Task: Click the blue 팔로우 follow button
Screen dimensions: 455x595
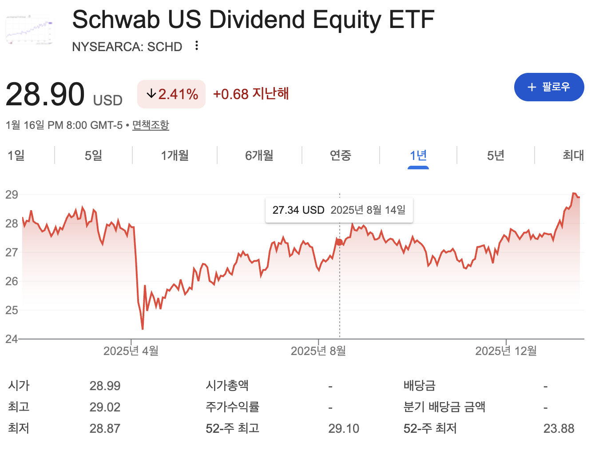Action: (549, 87)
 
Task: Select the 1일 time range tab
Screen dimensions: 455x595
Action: (16, 156)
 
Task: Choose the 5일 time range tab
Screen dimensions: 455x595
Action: (93, 156)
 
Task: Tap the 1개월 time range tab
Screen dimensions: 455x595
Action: (175, 156)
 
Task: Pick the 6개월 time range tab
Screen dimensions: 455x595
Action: (259, 156)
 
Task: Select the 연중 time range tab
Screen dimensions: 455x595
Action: (341, 156)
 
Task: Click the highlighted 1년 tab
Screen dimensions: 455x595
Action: (418, 156)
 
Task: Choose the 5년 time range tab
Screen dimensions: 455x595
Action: (496, 156)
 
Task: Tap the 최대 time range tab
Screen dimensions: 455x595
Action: (573, 156)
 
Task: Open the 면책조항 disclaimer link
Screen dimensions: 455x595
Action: (151, 125)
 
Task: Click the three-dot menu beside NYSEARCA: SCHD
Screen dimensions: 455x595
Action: (197, 46)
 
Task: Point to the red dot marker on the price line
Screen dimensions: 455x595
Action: (339, 242)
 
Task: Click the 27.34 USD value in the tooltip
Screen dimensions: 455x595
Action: (298, 210)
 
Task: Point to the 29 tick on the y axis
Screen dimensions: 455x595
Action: (12, 195)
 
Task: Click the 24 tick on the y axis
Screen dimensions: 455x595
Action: (12, 339)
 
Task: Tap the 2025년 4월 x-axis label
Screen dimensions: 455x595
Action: (131, 351)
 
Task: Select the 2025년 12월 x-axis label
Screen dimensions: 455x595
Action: (506, 351)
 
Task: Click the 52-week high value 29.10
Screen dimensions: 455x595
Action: (344, 429)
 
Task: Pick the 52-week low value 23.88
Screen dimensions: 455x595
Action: (559, 429)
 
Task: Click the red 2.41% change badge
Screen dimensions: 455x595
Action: (171, 94)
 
